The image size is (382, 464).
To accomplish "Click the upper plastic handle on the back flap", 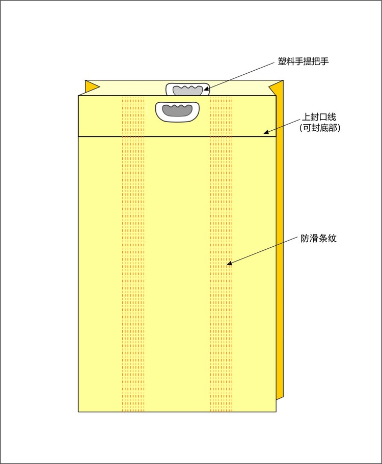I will coord(188,89).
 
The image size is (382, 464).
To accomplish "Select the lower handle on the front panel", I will coord(176,111).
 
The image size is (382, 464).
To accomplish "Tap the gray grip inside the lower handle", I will coord(176,109).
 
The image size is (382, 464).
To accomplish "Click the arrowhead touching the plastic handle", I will coord(206,90).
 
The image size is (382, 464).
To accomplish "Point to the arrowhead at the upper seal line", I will coord(266,133).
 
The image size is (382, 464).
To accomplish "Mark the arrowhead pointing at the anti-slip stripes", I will coord(229,264).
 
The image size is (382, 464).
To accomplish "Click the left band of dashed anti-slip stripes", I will coord(133,265).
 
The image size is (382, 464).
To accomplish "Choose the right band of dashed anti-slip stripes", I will coord(221,305).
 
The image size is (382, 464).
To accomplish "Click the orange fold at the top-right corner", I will coord(277,87).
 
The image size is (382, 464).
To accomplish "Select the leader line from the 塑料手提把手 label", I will coord(239,76).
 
